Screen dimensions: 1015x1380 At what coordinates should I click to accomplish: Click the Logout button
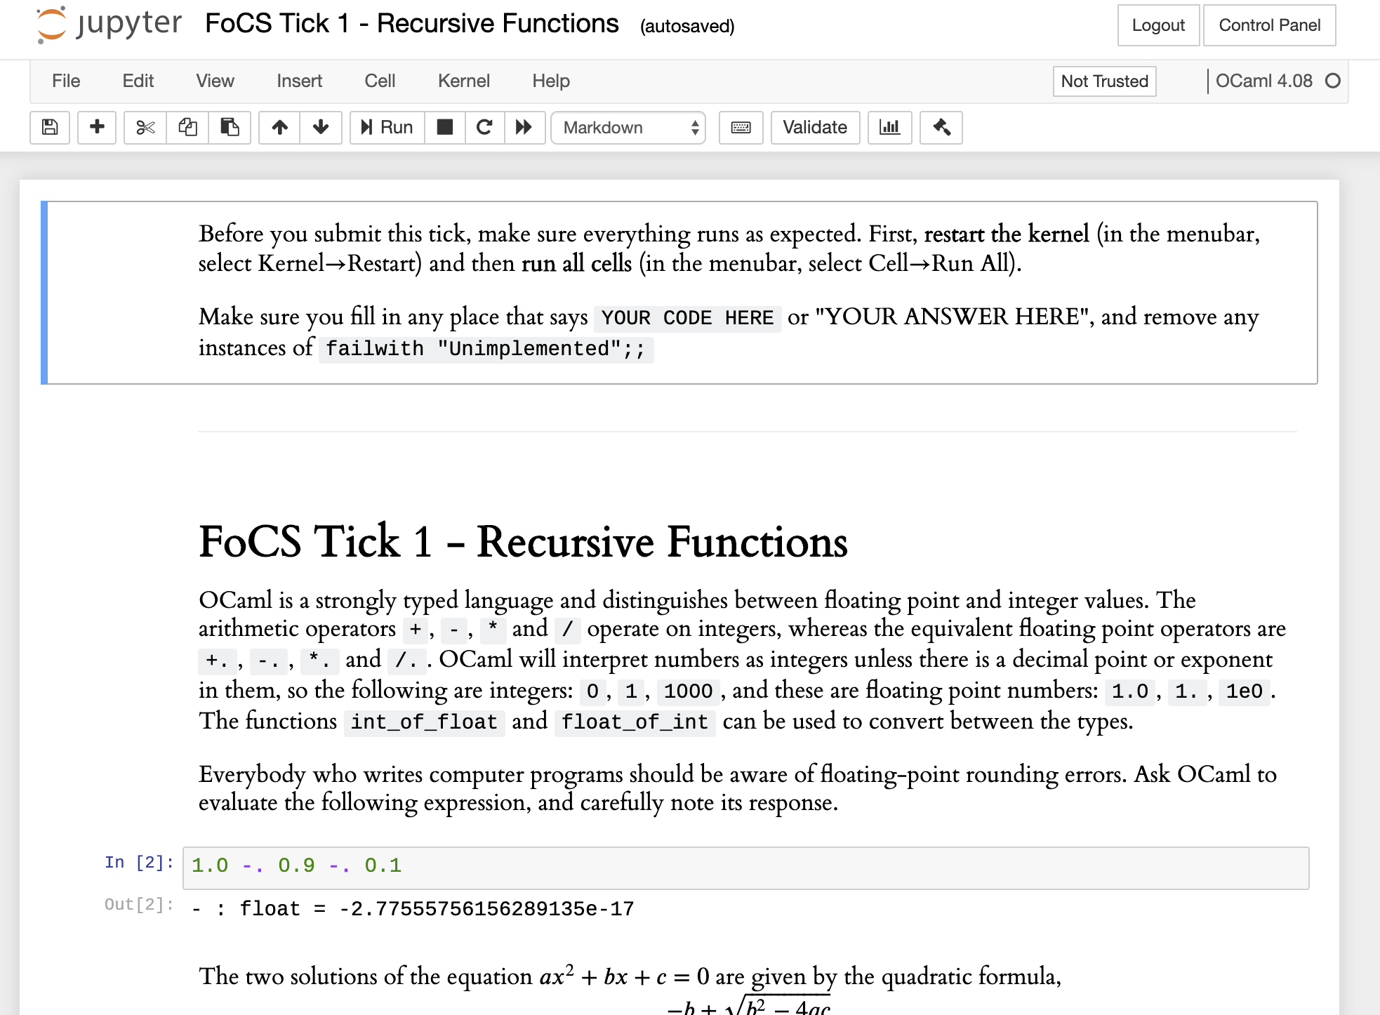pos(1157,26)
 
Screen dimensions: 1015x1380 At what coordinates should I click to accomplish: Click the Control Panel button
pos(1268,26)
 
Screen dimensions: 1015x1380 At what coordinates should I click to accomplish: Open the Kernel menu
pos(463,81)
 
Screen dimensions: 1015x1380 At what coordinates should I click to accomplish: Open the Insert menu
pos(299,81)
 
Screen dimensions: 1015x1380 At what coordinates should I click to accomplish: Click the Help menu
pos(550,81)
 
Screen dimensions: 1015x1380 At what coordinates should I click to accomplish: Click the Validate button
pos(814,128)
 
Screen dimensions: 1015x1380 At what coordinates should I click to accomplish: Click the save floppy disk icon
pos(50,128)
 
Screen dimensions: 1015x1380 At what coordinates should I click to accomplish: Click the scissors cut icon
pos(145,128)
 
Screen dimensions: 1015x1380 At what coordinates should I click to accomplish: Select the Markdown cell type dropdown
pos(628,128)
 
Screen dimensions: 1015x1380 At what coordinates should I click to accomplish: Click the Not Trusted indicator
pos(1103,81)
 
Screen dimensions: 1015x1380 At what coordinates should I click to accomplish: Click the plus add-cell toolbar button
pos(97,128)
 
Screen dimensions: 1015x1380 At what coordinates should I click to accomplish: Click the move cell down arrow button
pos(321,128)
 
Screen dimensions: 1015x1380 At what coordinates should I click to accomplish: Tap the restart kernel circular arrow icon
pos(484,128)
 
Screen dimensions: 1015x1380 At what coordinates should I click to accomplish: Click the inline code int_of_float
pos(424,722)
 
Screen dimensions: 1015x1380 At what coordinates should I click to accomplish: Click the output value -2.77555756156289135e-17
pos(486,910)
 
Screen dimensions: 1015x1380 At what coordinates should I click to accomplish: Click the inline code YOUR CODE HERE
pos(686,319)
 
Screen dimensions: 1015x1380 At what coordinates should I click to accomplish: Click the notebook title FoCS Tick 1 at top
pos(411,25)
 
